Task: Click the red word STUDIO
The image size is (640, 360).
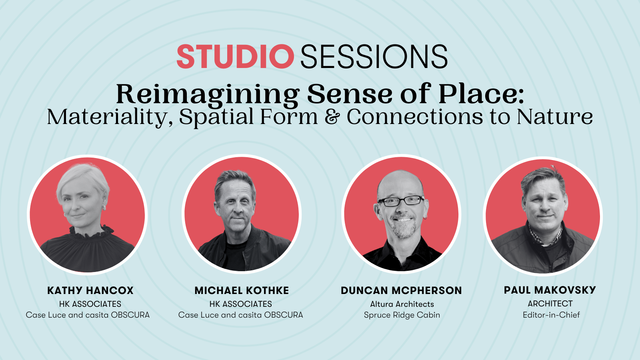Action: point(236,56)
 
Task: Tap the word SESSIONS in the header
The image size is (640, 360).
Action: point(374,56)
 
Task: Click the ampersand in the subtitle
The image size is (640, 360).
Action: point(332,117)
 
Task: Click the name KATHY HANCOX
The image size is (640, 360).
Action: point(90,290)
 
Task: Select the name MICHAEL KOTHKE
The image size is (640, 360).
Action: point(242,290)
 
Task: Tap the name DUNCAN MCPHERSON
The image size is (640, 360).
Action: point(402,290)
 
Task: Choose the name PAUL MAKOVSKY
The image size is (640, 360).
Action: point(550,290)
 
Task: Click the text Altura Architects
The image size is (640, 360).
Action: point(402,304)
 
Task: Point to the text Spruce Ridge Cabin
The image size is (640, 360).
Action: point(402,315)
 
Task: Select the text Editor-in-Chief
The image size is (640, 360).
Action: point(552,315)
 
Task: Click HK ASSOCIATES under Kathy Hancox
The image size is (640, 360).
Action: point(90,304)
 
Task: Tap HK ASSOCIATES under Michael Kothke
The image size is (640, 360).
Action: point(240,304)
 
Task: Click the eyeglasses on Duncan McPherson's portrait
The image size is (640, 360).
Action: point(401,201)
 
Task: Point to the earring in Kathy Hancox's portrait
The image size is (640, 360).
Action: point(104,208)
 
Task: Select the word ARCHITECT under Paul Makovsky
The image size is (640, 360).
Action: point(550,304)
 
